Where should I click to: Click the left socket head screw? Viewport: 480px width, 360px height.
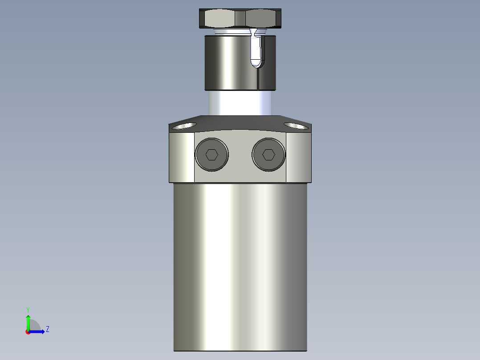(212, 155)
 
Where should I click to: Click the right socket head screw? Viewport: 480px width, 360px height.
(268, 155)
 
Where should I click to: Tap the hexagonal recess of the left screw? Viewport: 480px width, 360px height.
(212, 155)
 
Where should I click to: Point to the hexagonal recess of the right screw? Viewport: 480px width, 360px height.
(268, 155)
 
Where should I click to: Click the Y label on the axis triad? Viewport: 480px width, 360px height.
(28, 309)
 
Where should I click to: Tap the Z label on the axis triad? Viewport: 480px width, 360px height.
(47, 330)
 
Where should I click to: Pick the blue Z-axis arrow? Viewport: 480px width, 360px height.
(38, 331)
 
